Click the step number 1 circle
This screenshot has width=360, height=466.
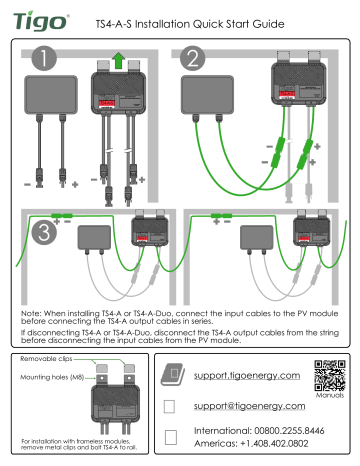(x=42, y=60)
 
